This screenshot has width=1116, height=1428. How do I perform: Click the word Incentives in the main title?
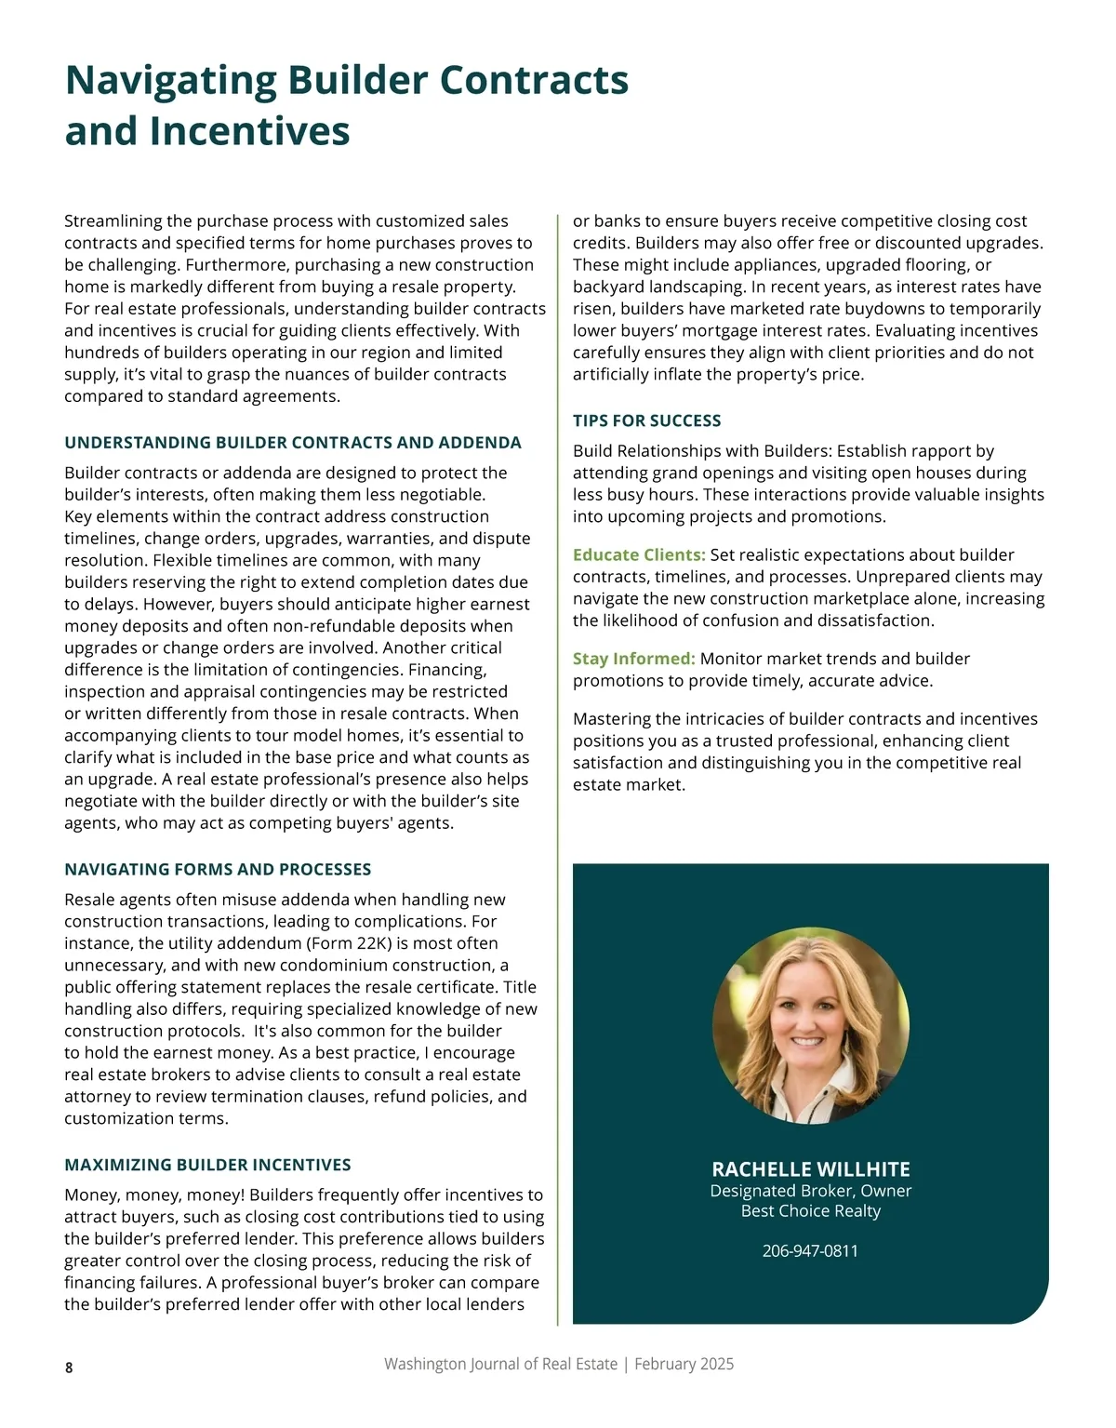249,131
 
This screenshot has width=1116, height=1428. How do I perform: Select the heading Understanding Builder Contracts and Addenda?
292,443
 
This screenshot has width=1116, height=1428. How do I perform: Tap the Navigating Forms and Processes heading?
218,870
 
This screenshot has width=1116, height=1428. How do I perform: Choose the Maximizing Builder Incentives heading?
207,1165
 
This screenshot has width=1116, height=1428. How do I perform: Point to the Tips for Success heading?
646,420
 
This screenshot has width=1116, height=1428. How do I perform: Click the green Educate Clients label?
638,555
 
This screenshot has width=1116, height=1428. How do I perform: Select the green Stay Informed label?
633,659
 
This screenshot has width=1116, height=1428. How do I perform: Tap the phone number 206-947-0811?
810,1251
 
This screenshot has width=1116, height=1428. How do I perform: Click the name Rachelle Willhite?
810,1169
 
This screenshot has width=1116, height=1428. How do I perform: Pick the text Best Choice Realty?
810,1211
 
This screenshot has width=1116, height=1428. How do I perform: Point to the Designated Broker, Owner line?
810,1191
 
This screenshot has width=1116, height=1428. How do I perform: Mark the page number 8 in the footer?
69,1368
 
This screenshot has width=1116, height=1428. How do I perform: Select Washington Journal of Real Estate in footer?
500,1364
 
